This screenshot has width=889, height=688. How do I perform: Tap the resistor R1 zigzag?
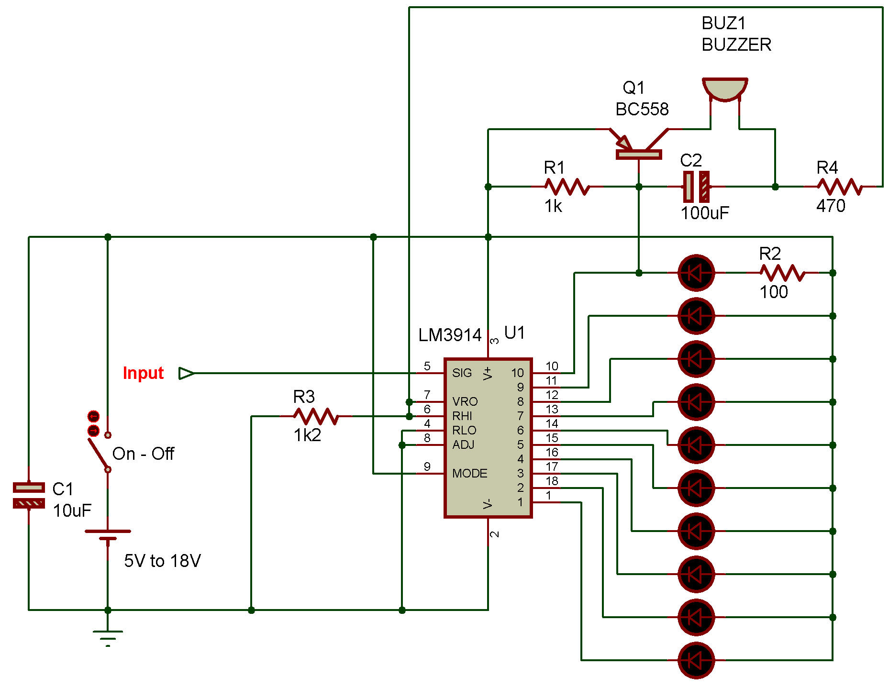567,187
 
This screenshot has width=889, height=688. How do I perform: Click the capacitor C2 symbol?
696,187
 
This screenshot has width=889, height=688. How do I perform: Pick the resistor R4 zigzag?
840,187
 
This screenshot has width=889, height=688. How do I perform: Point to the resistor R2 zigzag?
782,273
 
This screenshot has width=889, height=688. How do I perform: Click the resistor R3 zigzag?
316,416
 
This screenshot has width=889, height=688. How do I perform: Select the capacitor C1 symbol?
29,495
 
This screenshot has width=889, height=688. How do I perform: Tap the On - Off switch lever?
100,452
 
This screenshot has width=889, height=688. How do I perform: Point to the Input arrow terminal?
186,373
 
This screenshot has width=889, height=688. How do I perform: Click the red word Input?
143,373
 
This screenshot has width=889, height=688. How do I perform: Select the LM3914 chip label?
450,335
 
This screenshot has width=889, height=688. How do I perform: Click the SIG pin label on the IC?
462,373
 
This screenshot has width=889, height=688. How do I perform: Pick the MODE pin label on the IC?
469,474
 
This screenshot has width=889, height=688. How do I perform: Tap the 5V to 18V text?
162,561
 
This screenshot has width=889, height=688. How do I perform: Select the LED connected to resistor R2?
696,273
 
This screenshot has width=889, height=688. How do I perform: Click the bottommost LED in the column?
696,660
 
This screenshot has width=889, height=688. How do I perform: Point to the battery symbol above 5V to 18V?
108,535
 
